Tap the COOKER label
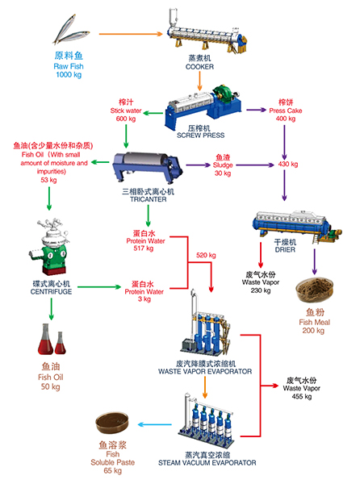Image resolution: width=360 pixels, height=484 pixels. click(x=199, y=67)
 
